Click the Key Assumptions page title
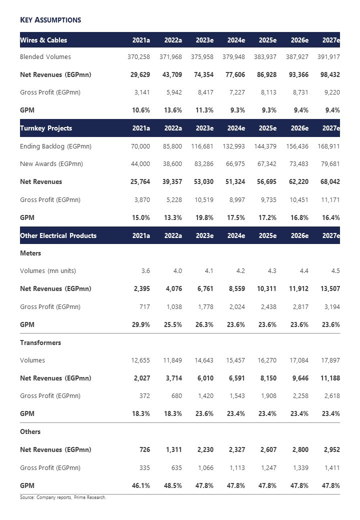pos(50,20)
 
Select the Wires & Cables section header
pos(43,40)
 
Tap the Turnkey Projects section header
pos(46,128)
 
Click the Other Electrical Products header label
pos(58,235)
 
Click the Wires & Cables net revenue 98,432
pos(328,74)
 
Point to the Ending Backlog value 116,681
pos(202,146)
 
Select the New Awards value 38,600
pos(170,164)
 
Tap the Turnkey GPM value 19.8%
pos(204,217)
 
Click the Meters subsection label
pos(30,253)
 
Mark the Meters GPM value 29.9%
pos(140,324)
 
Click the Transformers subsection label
pos(40,342)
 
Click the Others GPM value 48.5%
pos(172,485)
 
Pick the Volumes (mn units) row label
pos(48,271)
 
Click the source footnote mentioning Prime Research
pos(63,497)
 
